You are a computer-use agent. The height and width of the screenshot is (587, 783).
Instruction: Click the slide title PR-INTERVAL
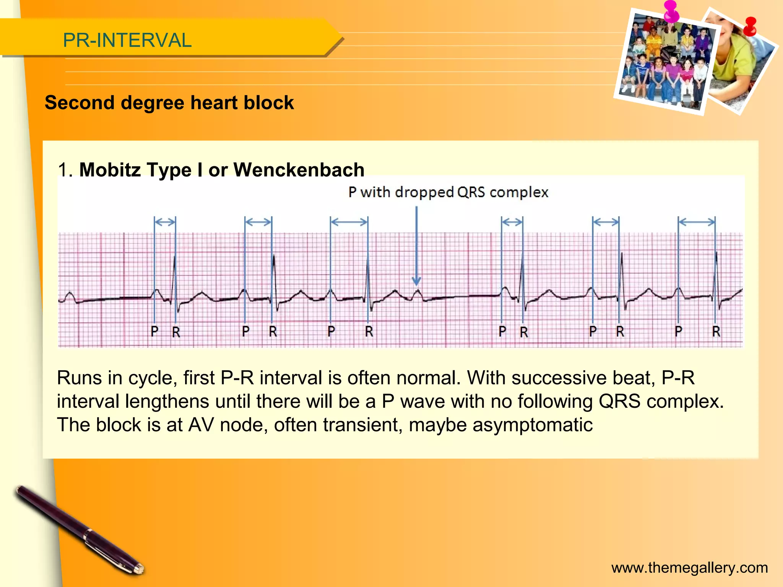tap(127, 40)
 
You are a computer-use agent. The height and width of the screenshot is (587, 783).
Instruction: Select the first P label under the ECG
tap(154, 331)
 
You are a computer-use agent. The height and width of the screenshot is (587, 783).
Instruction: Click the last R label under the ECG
tap(716, 331)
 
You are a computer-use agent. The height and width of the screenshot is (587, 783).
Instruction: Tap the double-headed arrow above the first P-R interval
tap(165, 222)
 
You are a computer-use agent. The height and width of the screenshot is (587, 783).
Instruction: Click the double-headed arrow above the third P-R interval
tap(349, 222)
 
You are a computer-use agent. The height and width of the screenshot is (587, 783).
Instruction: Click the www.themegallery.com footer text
tap(689, 568)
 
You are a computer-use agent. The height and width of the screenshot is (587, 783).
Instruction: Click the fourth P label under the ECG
tap(502, 331)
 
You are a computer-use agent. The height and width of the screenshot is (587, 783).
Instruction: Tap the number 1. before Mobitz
tap(65, 170)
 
